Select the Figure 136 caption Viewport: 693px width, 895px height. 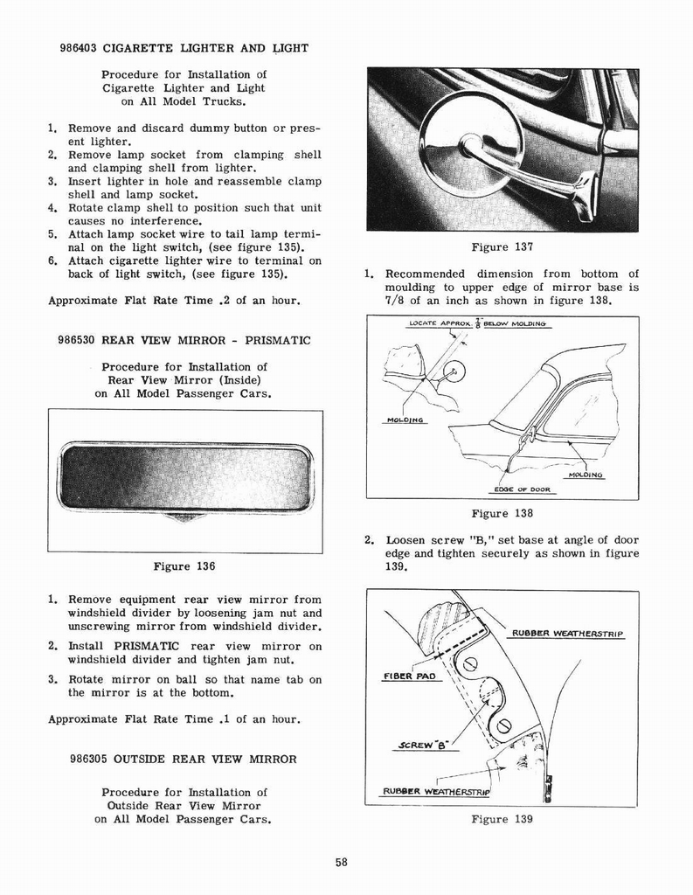tap(184, 565)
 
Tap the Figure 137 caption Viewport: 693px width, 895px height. tap(502, 246)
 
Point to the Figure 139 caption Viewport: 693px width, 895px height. tap(502, 819)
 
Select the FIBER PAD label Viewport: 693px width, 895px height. tap(408, 676)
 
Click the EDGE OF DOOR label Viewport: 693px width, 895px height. tap(522, 489)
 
